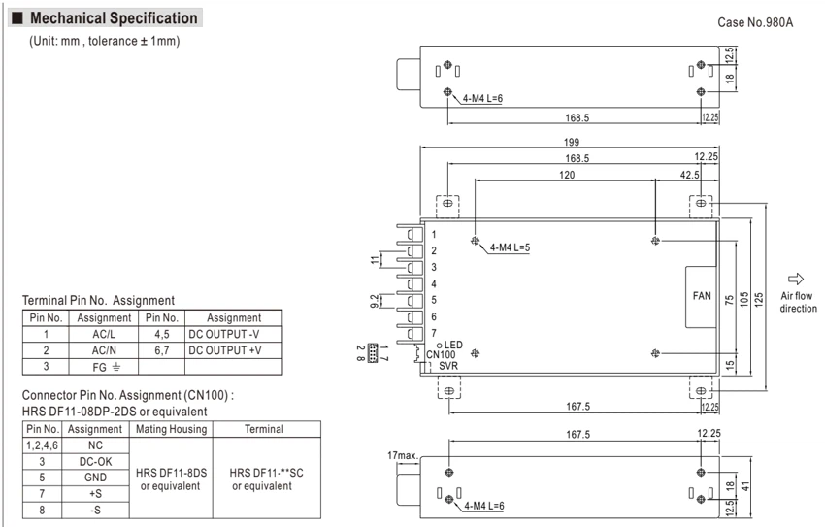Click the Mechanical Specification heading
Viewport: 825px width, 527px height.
click(x=114, y=17)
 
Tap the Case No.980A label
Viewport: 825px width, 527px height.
click(x=755, y=22)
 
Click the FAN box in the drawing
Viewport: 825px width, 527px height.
click(x=702, y=297)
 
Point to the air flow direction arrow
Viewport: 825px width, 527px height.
click(x=796, y=279)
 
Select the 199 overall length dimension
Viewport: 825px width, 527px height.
click(x=572, y=142)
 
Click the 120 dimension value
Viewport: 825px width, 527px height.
click(x=567, y=175)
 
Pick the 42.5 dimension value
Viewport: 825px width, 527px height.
click(x=689, y=175)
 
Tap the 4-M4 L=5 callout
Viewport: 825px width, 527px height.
click(x=510, y=247)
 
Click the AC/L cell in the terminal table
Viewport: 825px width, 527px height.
click(x=104, y=335)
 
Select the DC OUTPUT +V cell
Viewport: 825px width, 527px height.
click(x=224, y=350)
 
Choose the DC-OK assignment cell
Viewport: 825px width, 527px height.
click(x=95, y=462)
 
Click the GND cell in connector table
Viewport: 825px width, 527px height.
click(x=95, y=478)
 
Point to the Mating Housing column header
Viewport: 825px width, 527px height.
click(x=171, y=429)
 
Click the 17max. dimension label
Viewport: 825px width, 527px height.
click(x=403, y=455)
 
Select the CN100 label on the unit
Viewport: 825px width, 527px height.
click(x=441, y=355)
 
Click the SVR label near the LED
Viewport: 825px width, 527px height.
click(x=448, y=366)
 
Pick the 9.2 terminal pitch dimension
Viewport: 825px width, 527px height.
click(x=374, y=302)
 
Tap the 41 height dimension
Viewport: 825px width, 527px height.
click(x=745, y=487)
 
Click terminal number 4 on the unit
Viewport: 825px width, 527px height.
click(x=434, y=284)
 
